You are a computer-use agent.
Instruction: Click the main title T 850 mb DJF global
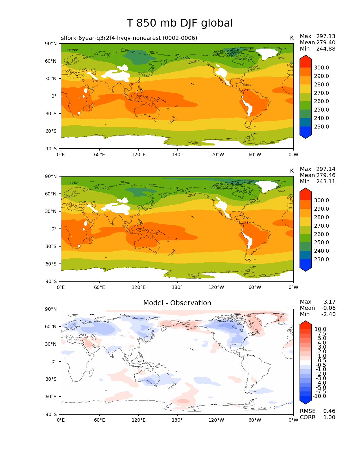tap(180, 23)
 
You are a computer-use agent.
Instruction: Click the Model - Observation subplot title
tap(177, 303)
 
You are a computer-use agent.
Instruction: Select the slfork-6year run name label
tap(129, 38)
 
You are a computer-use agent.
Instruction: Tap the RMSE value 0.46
tap(329, 411)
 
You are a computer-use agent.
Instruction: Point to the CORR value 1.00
tap(329, 417)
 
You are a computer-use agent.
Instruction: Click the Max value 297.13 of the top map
tap(326, 36)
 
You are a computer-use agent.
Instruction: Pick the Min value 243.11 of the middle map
tap(326, 182)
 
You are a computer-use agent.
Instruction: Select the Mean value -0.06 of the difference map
tap(328, 308)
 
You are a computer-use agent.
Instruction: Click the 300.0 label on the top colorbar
tap(321, 68)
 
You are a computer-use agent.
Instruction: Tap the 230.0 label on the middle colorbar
tap(321, 260)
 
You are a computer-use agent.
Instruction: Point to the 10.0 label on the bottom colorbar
tap(320, 329)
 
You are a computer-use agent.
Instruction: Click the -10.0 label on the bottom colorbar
tap(319, 396)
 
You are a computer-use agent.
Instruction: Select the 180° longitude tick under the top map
tap(177, 155)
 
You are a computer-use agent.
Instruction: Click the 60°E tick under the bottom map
tap(100, 420)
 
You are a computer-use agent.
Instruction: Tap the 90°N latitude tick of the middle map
tap(51, 177)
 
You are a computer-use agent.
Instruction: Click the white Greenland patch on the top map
tap(267, 53)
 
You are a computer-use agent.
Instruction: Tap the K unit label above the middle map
tap(292, 171)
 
